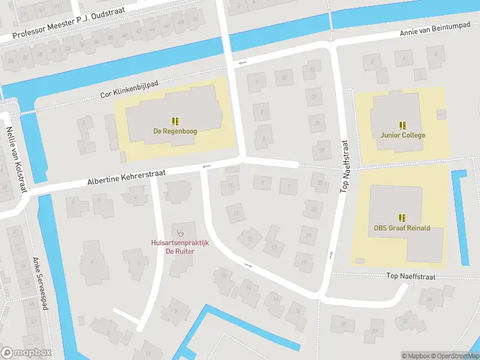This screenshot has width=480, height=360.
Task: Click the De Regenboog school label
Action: click(x=175, y=131)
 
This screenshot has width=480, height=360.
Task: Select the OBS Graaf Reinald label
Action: click(x=401, y=228)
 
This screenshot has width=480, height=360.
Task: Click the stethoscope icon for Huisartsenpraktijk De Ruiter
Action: click(x=179, y=232)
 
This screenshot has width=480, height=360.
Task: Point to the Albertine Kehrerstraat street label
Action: click(x=125, y=176)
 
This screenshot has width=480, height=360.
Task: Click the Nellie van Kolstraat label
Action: click(x=16, y=159)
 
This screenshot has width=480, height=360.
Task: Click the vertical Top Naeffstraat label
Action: click(x=345, y=166)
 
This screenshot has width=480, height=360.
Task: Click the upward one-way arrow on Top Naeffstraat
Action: click(x=331, y=256)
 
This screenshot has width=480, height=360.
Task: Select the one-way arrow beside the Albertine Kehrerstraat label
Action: click(x=207, y=166)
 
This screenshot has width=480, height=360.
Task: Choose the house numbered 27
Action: click(x=323, y=150)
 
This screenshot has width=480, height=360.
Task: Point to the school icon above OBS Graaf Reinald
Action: click(x=401, y=218)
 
